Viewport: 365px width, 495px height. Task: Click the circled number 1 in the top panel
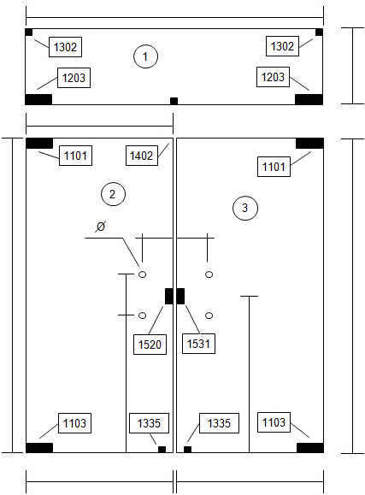pos(145,56)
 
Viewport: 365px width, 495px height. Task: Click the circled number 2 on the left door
pos(113,194)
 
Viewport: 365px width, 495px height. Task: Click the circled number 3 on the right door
pos(245,208)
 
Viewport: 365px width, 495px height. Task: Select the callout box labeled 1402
pos(142,156)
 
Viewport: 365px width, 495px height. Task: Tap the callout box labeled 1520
pos(150,345)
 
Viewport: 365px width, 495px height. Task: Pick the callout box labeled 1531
pos(198,344)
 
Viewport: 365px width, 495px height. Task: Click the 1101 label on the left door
pos(75,156)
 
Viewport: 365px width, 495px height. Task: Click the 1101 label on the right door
pos(274,167)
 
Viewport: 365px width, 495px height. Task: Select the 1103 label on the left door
pos(75,423)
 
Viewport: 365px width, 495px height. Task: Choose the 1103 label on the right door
pos(274,422)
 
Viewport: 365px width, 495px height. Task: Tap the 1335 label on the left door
pos(149,423)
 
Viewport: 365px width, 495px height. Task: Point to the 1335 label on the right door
pos(219,423)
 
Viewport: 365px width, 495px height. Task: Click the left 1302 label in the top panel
pos(65,47)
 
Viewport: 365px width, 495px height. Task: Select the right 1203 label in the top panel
pos(274,77)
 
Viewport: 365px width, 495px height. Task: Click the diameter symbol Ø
pos(100,227)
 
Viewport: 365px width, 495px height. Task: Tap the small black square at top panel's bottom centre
pos(174,101)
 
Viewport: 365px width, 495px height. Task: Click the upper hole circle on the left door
pos(143,274)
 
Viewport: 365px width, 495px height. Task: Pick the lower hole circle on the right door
pos(209,315)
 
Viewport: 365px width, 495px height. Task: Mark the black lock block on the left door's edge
pos(169,297)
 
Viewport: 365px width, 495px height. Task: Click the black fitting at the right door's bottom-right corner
pos(310,448)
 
